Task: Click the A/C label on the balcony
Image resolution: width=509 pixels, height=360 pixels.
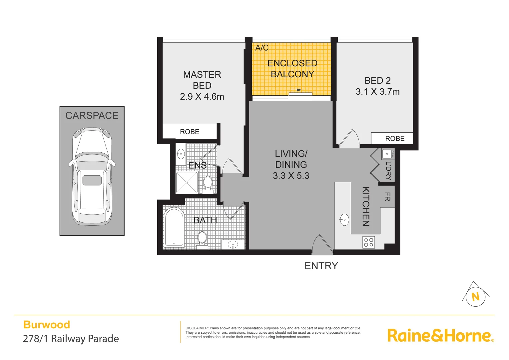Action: coord(262,48)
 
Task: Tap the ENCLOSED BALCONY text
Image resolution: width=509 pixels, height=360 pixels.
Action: coord(292,69)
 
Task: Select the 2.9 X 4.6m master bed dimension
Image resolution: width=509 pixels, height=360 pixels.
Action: coord(202,97)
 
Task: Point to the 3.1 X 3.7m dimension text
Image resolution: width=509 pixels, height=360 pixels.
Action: coord(377,92)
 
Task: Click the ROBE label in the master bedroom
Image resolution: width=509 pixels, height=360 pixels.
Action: coord(190,132)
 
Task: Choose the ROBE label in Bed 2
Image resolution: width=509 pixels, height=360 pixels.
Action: coord(395,139)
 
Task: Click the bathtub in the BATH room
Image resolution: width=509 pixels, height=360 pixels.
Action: coord(174,227)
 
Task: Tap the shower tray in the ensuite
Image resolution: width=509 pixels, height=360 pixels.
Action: coord(187,182)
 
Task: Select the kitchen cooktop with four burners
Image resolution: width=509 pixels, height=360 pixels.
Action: coord(368,242)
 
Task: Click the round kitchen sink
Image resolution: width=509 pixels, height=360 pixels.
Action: coord(344,220)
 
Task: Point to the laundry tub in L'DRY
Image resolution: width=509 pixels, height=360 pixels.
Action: coord(387,154)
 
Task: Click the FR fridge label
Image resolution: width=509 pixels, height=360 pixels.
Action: coord(387,197)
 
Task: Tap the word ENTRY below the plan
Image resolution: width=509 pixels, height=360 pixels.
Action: coord(321,266)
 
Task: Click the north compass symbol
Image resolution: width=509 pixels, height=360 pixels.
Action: coord(475,296)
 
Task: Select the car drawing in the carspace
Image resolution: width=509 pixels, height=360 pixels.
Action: coord(92,177)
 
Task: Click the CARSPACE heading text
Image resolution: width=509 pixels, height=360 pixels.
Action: coord(92,116)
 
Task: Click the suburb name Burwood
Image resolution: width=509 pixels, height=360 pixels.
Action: coord(47,325)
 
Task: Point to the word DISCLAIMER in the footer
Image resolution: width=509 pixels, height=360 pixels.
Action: coord(197,328)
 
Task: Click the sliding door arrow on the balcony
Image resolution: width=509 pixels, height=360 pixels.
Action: coord(296,90)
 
